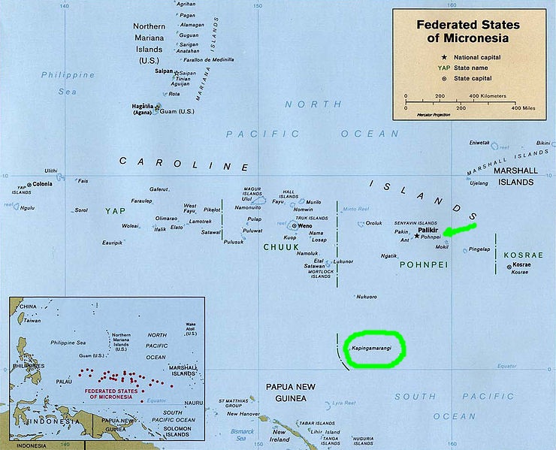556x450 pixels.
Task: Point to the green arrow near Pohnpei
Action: [x=458, y=228]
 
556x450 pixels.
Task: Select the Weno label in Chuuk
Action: [x=304, y=225]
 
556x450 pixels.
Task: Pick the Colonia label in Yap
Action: [x=42, y=183]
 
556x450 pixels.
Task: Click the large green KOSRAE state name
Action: [x=524, y=255]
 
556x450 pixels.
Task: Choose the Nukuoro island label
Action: [x=367, y=296]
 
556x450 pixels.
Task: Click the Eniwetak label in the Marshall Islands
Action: [x=478, y=142]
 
